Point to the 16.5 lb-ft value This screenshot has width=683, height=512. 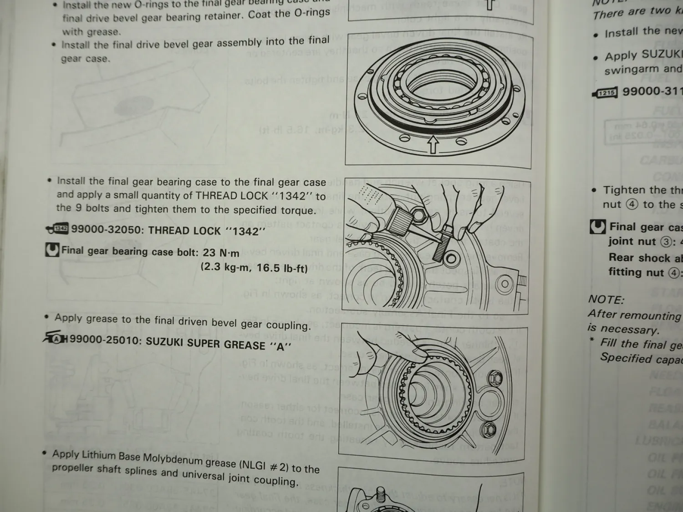(x=282, y=268)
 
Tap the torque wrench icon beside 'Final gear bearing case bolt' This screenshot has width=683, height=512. (x=52, y=250)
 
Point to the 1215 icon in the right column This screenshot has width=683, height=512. (x=606, y=93)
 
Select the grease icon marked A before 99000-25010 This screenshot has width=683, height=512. (x=56, y=338)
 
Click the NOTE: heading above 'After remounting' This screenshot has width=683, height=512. (x=606, y=299)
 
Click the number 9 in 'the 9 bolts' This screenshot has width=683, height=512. (x=78, y=208)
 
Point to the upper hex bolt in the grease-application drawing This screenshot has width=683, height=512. (x=496, y=378)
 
